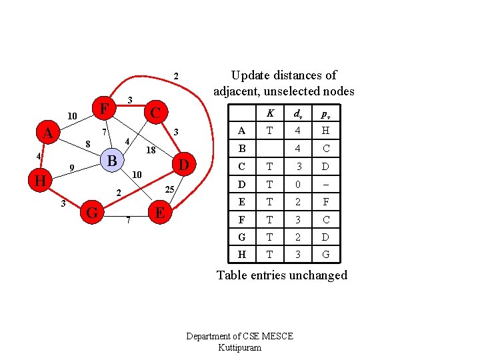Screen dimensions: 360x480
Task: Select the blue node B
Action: (113, 161)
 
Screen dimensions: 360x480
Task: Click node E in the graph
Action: (159, 213)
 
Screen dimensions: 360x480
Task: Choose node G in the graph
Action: (93, 213)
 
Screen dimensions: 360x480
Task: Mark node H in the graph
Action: (40, 181)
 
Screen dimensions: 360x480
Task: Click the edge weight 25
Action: (170, 190)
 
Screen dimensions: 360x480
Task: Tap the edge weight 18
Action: (151, 150)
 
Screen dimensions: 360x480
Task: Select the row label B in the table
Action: (241, 149)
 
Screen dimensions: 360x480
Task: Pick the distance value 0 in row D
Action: (299, 184)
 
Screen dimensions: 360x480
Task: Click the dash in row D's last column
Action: (326, 184)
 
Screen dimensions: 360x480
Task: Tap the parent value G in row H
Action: (326, 254)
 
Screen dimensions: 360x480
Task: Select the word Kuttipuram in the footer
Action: (239, 348)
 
